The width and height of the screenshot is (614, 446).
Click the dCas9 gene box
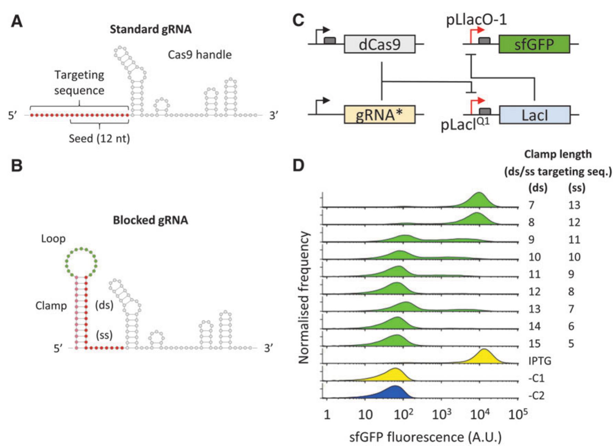click(x=379, y=44)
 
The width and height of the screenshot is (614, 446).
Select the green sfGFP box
click(x=534, y=44)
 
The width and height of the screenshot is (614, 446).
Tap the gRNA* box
click(x=379, y=115)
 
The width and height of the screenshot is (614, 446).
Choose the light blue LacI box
click(x=534, y=115)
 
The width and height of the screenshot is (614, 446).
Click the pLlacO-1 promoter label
click(x=476, y=20)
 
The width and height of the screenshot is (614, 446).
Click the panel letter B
click(x=17, y=165)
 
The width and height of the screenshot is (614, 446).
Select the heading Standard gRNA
click(x=150, y=29)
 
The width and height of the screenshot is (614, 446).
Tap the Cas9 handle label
click(x=199, y=54)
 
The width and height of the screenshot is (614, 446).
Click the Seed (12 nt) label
click(x=99, y=139)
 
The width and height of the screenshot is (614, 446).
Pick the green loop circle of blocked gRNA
click(x=81, y=262)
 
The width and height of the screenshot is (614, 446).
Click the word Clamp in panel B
click(x=51, y=306)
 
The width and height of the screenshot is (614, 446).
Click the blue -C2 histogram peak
click(x=394, y=392)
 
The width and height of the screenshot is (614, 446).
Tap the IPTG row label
click(x=539, y=361)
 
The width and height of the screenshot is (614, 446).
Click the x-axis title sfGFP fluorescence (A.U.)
click(x=425, y=437)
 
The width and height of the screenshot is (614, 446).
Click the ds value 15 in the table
click(x=534, y=344)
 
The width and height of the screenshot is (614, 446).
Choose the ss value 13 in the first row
click(x=574, y=205)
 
